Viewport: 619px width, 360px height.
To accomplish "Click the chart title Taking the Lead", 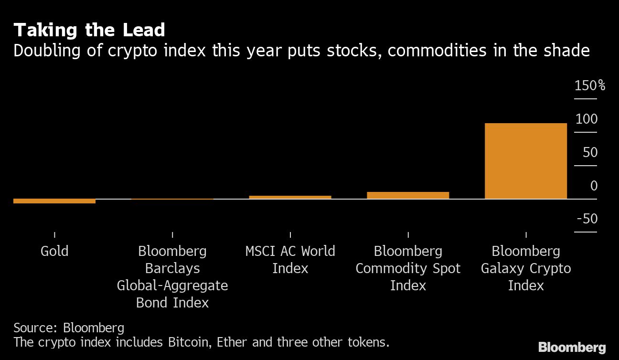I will pyautogui.click(x=89, y=31).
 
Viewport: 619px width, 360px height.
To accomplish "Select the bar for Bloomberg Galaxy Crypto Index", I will pyautogui.click(x=525, y=161).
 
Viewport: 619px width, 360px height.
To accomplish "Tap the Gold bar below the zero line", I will pyautogui.click(x=54, y=201).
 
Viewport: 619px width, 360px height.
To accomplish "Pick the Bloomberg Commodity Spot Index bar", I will pyautogui.click(x=408, y=195).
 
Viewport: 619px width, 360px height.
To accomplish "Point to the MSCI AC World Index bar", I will pyautogui.click(x=290, y=197).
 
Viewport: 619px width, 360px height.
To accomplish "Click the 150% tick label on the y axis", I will pyautogui.click(x=589, y=86).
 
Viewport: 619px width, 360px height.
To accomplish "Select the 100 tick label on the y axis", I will pyautogui.click(x=586, y=119).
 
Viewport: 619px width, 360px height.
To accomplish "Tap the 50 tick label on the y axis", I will pyautogui.click(x=590, y=153).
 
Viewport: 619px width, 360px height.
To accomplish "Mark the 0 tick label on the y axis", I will pyautogui.click(x=594, y=186).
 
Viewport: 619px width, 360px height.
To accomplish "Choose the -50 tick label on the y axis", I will pyautogui.click(x=587, y=219).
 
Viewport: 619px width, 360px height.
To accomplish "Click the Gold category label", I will pyautogui.click(x=54, y=251).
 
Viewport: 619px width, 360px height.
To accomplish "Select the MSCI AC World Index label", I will pyautogui.click(x=290, y=260).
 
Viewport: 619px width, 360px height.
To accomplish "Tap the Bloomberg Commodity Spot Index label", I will pyautogui.click(x=408, y=268).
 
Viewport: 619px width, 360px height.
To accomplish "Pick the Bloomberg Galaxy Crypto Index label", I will pyautogui.click(x=525, y=268).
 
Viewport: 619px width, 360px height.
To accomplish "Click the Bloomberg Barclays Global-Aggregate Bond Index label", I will pyautogui.click(x=172, y=277).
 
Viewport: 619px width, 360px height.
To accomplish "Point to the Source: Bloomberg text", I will pyautogui.click(x=69, y=328).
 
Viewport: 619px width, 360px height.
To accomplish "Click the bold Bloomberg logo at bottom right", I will pyautogui.click(x=572, y=348).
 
